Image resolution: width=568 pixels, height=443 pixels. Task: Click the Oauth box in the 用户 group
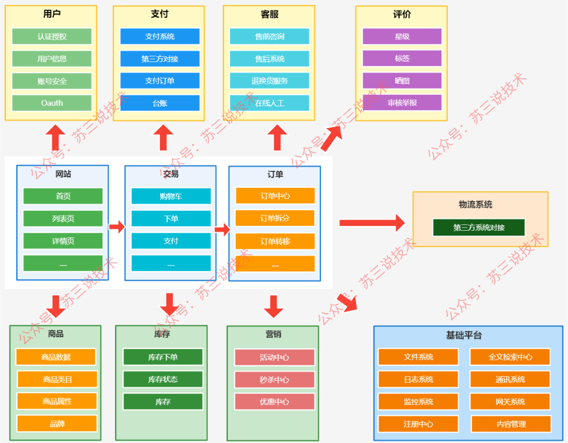point(52,103)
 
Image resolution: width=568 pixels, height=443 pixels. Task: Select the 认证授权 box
point(52,37)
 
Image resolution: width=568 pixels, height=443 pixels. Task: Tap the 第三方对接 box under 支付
point(160,59)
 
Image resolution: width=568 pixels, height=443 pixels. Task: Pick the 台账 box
point(160,103)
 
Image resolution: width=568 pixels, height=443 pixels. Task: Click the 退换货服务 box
point(269,81)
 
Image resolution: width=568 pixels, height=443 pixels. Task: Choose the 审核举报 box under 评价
point(402,103)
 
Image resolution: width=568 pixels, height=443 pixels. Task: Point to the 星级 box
point(402,36)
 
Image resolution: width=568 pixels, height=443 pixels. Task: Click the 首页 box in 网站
point(63,196)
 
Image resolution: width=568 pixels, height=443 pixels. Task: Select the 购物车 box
point(171,196)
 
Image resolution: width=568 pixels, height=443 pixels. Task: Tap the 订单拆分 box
point(275,218)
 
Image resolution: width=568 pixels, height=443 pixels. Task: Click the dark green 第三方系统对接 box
point(479,228)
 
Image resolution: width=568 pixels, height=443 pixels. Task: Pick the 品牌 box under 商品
point(57,424)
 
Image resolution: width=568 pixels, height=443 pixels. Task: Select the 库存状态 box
point(163,379)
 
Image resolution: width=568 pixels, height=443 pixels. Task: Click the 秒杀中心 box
point(275,379)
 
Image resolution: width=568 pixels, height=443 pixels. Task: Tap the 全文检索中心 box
point(510,357)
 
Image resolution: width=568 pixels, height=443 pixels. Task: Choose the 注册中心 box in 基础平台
point(419,424)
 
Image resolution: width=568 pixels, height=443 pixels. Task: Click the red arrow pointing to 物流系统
point(372,223)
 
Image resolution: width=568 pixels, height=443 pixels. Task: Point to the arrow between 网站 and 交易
point(117,227)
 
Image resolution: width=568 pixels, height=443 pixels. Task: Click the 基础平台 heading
point(464,335)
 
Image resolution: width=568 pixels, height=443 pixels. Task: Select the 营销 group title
point(273,334)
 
